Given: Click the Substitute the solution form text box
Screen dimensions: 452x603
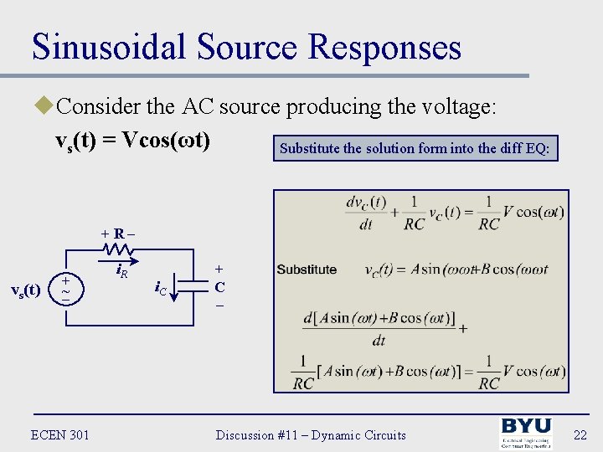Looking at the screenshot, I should [x=415, y=149].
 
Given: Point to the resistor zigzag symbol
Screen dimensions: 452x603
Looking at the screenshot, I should [x=117, y=249].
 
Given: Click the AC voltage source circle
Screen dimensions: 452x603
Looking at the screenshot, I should [x=65, y=290].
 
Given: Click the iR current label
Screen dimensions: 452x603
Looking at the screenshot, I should [x=121, y=271].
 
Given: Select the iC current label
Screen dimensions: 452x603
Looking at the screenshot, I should [x=160, y=289].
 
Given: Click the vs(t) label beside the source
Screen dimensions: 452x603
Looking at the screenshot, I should [x=25, y=290].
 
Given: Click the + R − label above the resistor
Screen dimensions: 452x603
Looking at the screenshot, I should [x=118, y=233].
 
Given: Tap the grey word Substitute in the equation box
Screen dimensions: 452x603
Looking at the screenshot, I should [x=307, y=270].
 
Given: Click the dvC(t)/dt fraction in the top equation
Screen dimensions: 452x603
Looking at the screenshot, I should [x=366, y=213].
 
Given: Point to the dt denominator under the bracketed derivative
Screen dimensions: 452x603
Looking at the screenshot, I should [x=379, y=340].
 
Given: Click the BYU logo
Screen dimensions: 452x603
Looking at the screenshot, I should [x=525, y=434].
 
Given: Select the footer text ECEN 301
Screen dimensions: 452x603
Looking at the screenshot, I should [x=59, y=434].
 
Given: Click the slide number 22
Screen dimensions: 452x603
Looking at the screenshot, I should [x=577, y=434].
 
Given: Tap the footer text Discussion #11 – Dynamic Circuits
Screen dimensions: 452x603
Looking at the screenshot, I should [x=311, y=434].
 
